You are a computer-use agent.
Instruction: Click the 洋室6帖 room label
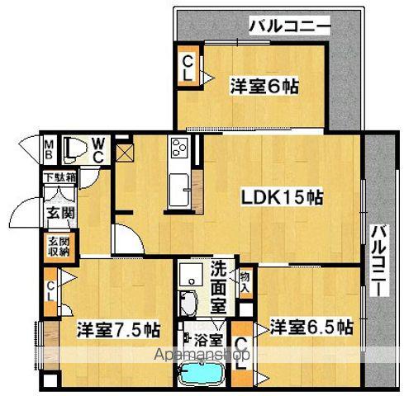click(264, 85)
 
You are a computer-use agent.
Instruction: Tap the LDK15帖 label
click(281, 197)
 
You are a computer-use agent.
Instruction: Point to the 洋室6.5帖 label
click(310, 327)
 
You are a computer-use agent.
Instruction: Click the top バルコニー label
click(289, 27)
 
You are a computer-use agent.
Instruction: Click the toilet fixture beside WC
click(73, 147)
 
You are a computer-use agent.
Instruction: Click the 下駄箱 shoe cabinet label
click(61, 177)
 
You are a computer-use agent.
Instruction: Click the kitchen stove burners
click(180, 150)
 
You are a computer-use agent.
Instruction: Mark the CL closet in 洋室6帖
click(188, 67)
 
